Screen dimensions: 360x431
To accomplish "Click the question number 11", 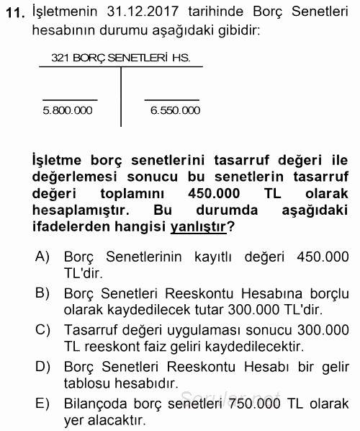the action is pyautogui.click(x=13, y=13).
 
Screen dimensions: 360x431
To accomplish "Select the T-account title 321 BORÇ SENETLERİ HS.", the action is pyautogui.click(x=120, y=57).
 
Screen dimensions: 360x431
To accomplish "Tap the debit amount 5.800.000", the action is pyautogui.click(x=68, y=110).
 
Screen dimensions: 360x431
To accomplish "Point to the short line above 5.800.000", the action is pyautogui.click(x=69, y=99).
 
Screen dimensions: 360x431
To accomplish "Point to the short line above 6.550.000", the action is pyautogui.click(x=171, y=99).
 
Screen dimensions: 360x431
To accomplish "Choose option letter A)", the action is pyautogui.click(x=42, y=257).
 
